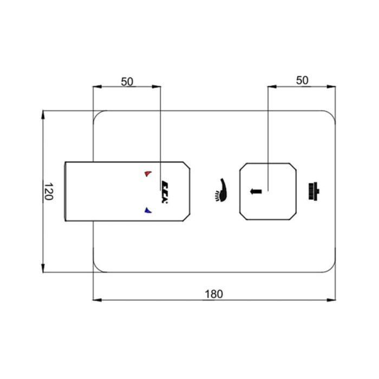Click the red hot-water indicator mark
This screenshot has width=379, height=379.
[148, 174]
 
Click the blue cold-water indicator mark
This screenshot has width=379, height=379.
[148, 211]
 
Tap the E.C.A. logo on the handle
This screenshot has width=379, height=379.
[165, 192]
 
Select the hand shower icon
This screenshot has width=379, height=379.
[221, 190]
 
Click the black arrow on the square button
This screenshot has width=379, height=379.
[256, 192]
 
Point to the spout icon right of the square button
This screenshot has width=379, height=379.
[313, 191]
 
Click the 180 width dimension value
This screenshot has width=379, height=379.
[214, 294]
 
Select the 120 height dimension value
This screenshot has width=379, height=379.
[48, 192]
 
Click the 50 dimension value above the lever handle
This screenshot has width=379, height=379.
[127, 82]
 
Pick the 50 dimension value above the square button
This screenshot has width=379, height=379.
[302, 81]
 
